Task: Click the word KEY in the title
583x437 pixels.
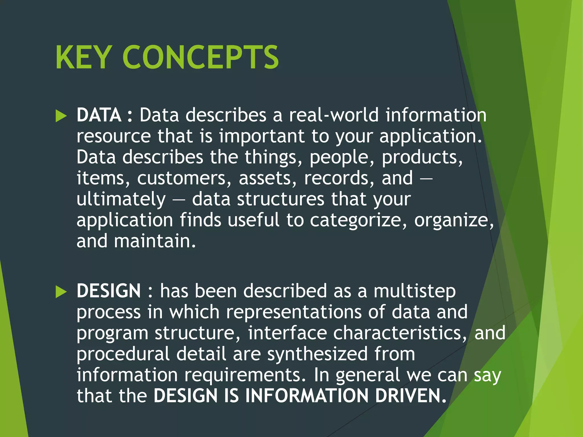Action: tap(83, 57)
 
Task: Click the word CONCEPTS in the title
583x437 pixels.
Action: tap(200, 57)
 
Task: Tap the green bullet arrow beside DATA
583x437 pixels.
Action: tap(61, 116)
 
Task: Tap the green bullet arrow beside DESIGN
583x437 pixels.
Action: tap(61, 292)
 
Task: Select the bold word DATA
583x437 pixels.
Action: tap(99, 115)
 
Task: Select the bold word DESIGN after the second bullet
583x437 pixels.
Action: tap(109, 291)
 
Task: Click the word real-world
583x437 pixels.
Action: tap(334, 115)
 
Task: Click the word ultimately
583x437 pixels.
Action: tap(121, 199)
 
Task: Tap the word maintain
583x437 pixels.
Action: tap(155, 241)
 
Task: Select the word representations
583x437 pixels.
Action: tap(294, 312)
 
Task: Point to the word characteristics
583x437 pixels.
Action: tap(400, 333)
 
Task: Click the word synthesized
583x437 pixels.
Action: tap(317, 354)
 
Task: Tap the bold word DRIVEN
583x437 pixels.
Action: tap(410, 396)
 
